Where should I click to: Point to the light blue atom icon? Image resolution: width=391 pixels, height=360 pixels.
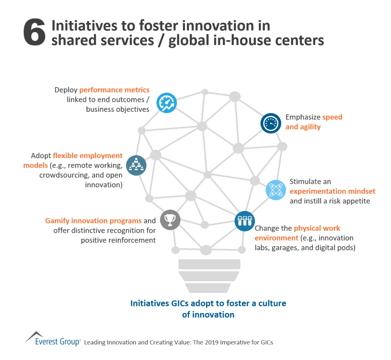276,190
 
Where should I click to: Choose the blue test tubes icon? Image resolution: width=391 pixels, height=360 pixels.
245,221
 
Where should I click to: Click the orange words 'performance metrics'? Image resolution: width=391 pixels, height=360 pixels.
114,90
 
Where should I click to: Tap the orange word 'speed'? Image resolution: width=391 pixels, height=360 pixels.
332,117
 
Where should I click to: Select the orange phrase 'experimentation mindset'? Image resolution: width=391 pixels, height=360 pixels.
333,191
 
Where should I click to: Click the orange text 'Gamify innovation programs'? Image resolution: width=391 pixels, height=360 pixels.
93,221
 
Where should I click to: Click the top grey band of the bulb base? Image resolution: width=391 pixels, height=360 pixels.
209,264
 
